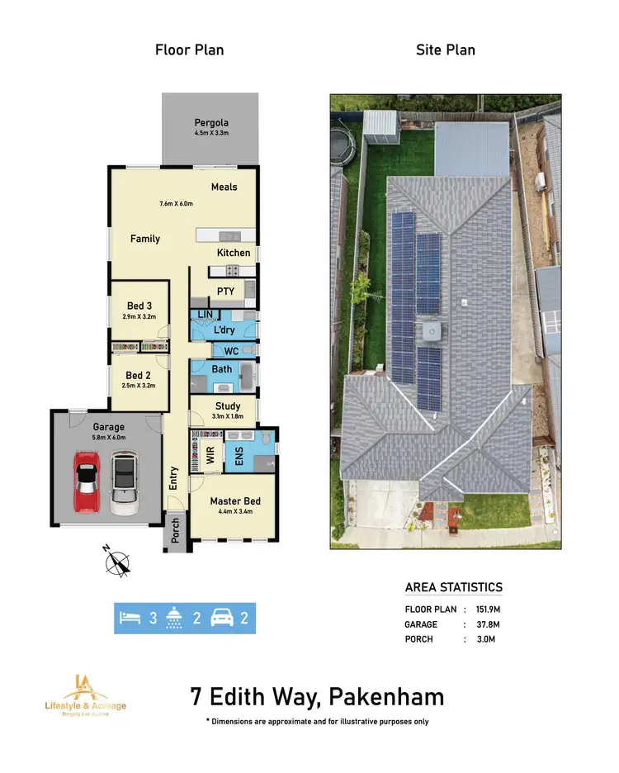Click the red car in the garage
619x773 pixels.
click(x=86, y=483)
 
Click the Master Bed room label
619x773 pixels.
click(x=235, y=501)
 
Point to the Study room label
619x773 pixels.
click(x=228, y=405)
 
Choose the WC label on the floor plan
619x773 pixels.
click(x=231, y=351)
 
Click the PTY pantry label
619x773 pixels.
click(x=225, y=292)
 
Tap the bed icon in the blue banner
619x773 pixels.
click(x=130, y=617)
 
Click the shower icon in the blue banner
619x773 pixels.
click(x=173, y=617)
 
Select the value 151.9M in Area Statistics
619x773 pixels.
click(x=485, y=609)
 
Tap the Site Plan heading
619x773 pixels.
click(x=447, y=50)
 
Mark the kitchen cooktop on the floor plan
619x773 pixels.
click(x=234, y=270)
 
